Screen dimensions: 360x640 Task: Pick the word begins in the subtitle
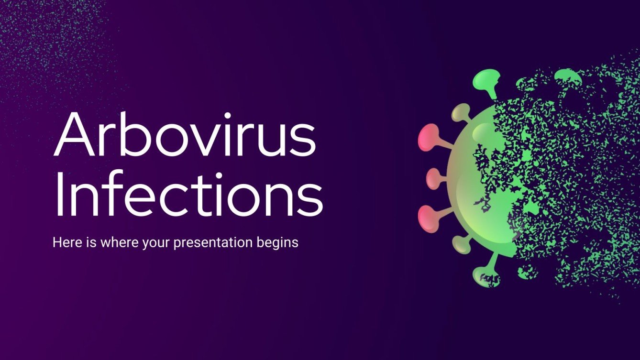coord(279,243)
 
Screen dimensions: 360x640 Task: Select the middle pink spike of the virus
coord(433,178)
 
